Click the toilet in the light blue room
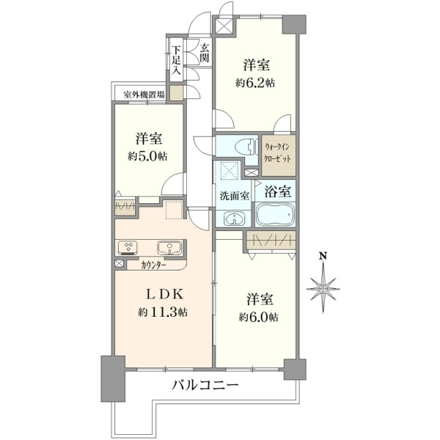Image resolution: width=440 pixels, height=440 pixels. pos(246,147)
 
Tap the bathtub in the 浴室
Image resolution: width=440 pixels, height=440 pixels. pos(275,214)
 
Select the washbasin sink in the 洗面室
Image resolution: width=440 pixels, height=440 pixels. pos(234,219)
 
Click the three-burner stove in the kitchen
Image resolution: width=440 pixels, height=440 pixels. pos(129,247)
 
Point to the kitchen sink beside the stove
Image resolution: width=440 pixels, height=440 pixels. pos(169,248)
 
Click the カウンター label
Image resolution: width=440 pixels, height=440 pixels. pos(154,265)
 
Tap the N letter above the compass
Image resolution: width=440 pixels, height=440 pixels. pos(323,256)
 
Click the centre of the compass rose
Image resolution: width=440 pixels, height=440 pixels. pos(323,288)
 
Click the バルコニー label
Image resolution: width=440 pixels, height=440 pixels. pos(205,384)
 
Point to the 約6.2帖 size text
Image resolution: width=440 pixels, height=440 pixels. pos(255,83)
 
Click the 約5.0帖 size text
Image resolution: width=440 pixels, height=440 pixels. pos(148,156)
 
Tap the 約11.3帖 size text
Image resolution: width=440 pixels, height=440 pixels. pos(163,312)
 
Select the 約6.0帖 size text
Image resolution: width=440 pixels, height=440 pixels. pos(259,318)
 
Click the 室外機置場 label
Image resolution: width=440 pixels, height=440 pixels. pos(144,95)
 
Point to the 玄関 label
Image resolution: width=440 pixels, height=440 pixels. pos(205,54)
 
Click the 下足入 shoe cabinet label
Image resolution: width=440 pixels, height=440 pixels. pos(176,60)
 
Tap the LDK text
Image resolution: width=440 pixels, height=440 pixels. pos(165,294)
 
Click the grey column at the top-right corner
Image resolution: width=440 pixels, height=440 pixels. pos(294,24)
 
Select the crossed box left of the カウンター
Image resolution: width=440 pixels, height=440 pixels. pos(119,263)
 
